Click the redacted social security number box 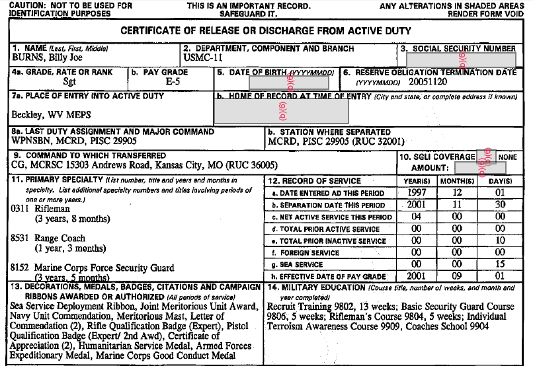point(460,59)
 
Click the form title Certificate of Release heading point(266,31)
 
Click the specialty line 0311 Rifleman point(41,209)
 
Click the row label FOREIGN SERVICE point(320,252)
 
